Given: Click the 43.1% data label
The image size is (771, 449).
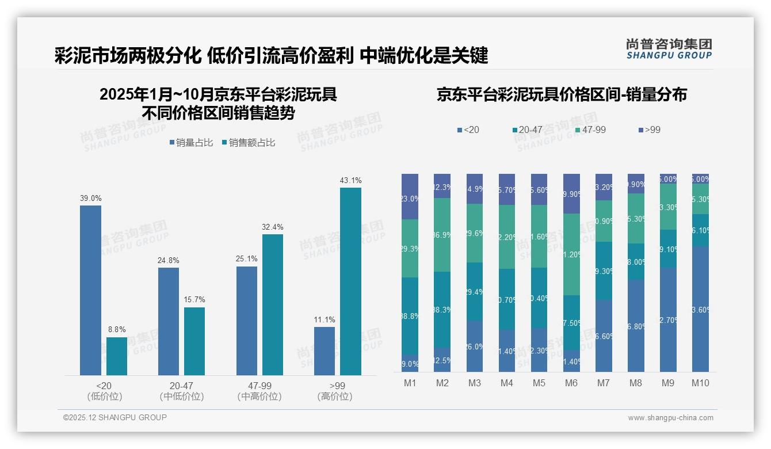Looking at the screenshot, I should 350,181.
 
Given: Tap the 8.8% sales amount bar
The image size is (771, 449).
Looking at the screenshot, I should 117,356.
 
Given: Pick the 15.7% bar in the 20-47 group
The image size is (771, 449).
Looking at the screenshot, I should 194,341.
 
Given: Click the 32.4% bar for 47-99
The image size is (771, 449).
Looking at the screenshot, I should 273,305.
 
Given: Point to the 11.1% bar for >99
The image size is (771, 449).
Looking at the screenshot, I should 325,351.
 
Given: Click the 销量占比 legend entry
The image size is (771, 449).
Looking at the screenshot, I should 192,143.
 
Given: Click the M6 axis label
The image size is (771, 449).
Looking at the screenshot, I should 571,383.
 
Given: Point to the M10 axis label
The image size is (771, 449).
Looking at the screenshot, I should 700,383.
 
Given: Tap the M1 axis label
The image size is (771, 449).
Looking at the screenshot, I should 410,383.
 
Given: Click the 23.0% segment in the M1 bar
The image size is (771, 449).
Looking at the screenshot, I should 410,197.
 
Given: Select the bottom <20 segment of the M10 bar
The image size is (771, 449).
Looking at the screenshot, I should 700,309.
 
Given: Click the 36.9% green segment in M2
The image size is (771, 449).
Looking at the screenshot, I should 442,235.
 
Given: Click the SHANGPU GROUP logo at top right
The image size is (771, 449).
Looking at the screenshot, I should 669,49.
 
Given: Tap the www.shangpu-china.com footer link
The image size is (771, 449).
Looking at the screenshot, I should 670,418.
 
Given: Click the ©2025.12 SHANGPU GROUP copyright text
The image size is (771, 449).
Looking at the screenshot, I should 115,417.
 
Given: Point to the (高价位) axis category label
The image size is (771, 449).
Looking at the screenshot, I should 335,397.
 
